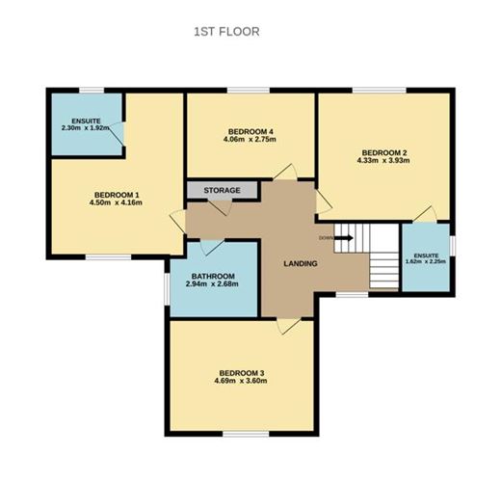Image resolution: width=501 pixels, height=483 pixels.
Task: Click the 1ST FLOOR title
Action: point(227,32)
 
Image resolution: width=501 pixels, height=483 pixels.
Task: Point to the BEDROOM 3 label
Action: point(242,373)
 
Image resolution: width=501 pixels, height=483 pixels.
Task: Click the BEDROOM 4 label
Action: point(251,132)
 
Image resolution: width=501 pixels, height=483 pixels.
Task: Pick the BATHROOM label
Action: point(212,275)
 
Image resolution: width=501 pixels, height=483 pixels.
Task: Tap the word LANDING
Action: point(301,262)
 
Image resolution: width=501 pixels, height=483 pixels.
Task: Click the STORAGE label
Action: point(222,191)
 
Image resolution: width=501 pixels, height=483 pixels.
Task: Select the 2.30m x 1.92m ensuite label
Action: point(85,124)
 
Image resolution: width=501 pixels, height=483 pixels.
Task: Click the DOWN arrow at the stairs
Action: point(330,237)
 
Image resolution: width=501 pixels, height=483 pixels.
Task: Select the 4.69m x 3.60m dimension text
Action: point(242,383)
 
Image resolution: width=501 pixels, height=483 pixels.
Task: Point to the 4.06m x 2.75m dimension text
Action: point(251,142)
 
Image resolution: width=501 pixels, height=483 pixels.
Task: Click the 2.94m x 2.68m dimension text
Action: point(212,284)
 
